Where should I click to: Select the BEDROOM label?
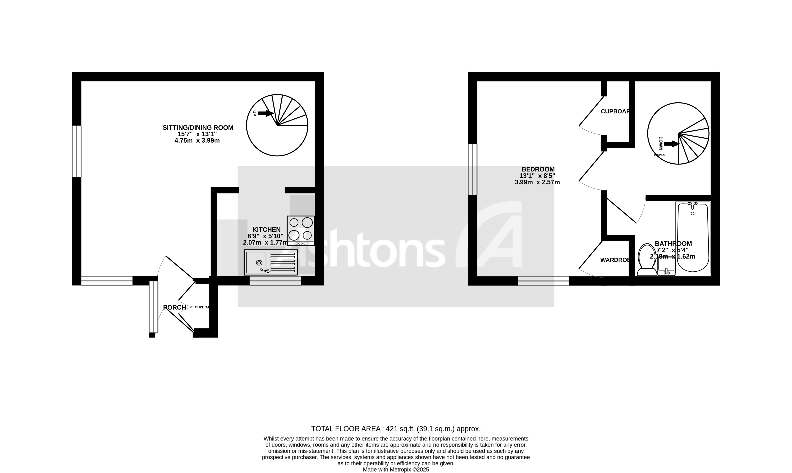click(538, 169)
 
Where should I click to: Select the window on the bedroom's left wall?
click(473, 169)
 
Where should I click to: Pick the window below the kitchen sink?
click(275, 281)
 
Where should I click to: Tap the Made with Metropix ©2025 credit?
click(396, 469)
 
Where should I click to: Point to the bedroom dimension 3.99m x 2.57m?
click(537, 183)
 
